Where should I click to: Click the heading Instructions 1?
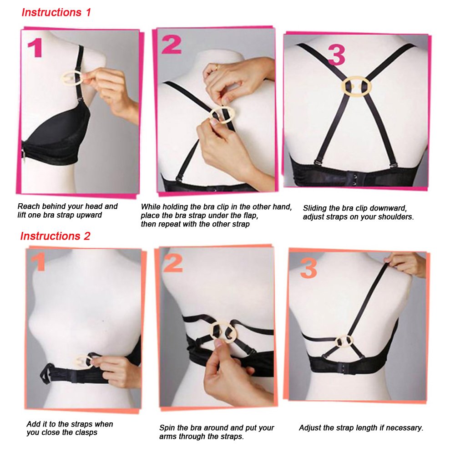pos(56,12)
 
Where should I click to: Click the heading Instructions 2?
pos(55,236)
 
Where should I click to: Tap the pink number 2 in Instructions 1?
pos(172,45)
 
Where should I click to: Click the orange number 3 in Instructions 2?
pos(308,270)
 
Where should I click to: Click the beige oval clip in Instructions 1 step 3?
pos(357,87)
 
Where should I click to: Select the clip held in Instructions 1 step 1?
pos(71,79)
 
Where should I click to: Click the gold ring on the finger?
pos(218,67)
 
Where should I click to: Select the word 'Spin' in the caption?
pos(167,428)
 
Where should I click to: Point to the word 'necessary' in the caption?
pos(405,428)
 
